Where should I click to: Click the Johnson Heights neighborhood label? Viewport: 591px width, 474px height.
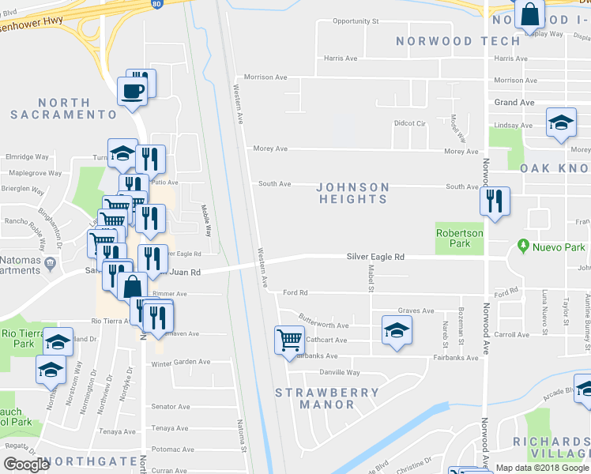point(352,193)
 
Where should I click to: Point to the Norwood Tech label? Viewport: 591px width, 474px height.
point(447,40)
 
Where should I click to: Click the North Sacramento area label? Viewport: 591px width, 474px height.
point(70,108)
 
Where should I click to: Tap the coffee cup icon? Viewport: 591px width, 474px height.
point(132,90)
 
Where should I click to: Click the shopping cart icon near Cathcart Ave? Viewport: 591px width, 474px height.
point(289,340)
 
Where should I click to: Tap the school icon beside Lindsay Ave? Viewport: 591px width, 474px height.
point(561,122)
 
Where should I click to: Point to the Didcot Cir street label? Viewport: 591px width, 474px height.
point(409,124)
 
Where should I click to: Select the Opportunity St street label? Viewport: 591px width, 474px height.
point(356,21)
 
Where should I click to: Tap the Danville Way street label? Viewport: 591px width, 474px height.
point(340,372)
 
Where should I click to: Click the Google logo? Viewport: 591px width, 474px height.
point(26,465)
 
